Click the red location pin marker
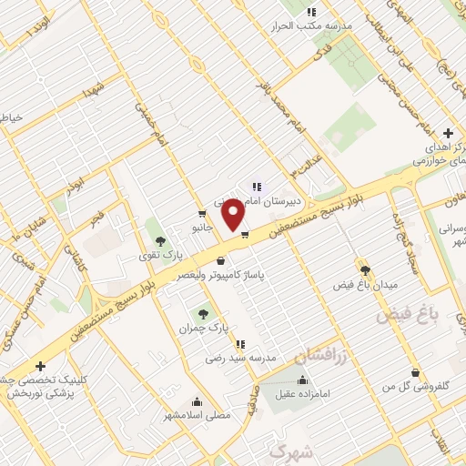[234, 215]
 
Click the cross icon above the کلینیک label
[40, 366]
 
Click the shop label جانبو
[201, 228]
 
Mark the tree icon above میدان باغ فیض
[366, 270]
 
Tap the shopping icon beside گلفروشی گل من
[416, 372]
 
